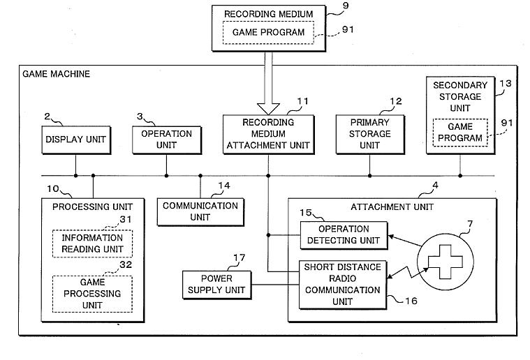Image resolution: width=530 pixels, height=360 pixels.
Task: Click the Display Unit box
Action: click(x=75, y=140)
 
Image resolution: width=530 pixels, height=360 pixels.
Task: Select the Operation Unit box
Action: click(x=166, y=139)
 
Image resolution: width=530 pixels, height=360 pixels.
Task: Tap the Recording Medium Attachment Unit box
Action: click(x=268, y=134)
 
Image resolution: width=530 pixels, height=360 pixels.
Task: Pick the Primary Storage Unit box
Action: click(x=369, y=133)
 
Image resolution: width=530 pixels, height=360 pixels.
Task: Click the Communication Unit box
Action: click(x=200, y=211)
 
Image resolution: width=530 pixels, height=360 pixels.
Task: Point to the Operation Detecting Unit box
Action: click(x=344, y=235)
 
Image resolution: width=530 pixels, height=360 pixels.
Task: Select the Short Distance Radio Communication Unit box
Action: click(x=344, y=284)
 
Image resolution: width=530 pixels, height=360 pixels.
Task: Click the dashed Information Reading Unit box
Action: click(x=92, y=243)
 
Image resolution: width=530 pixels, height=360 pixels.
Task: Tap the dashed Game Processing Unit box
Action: click(x=92, y=293)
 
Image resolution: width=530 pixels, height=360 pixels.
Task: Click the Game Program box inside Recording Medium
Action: click(x=268, y=32)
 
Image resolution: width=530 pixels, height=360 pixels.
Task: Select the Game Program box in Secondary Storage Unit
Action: click(x=460, y=132)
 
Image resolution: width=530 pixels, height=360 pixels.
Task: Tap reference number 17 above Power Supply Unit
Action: click(x=239, y=258)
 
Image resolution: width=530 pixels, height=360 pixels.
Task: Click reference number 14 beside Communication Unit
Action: click(x=223, y=186)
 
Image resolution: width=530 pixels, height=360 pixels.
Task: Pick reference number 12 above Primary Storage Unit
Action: click(x=396, y=102)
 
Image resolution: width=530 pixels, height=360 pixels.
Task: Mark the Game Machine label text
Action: click(x=56, y=73)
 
